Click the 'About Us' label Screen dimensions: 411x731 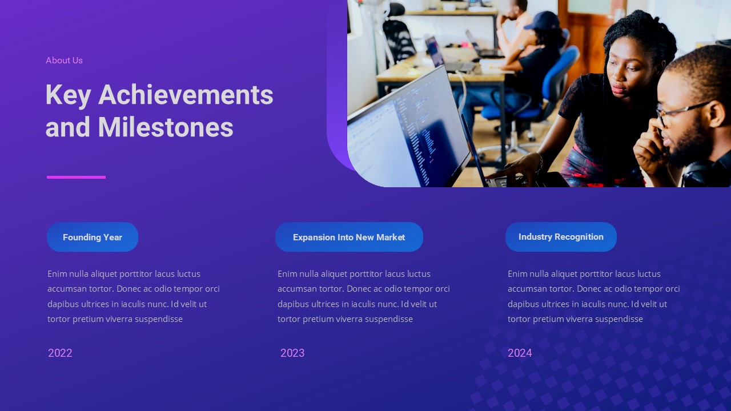(64, 61)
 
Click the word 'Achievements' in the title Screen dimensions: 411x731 (186, 95)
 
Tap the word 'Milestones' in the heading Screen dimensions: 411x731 (166, 127)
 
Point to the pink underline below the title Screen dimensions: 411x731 (76, 177)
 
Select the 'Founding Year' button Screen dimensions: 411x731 (93, 237)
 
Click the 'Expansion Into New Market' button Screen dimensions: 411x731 (349, 237)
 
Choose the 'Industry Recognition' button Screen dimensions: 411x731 (561, 237)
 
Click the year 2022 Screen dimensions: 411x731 (60, 353)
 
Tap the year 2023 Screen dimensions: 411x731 (292, 353)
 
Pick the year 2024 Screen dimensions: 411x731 (520, 353)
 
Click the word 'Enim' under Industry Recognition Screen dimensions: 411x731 (517, 274)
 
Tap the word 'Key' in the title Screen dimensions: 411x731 (68, 95)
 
